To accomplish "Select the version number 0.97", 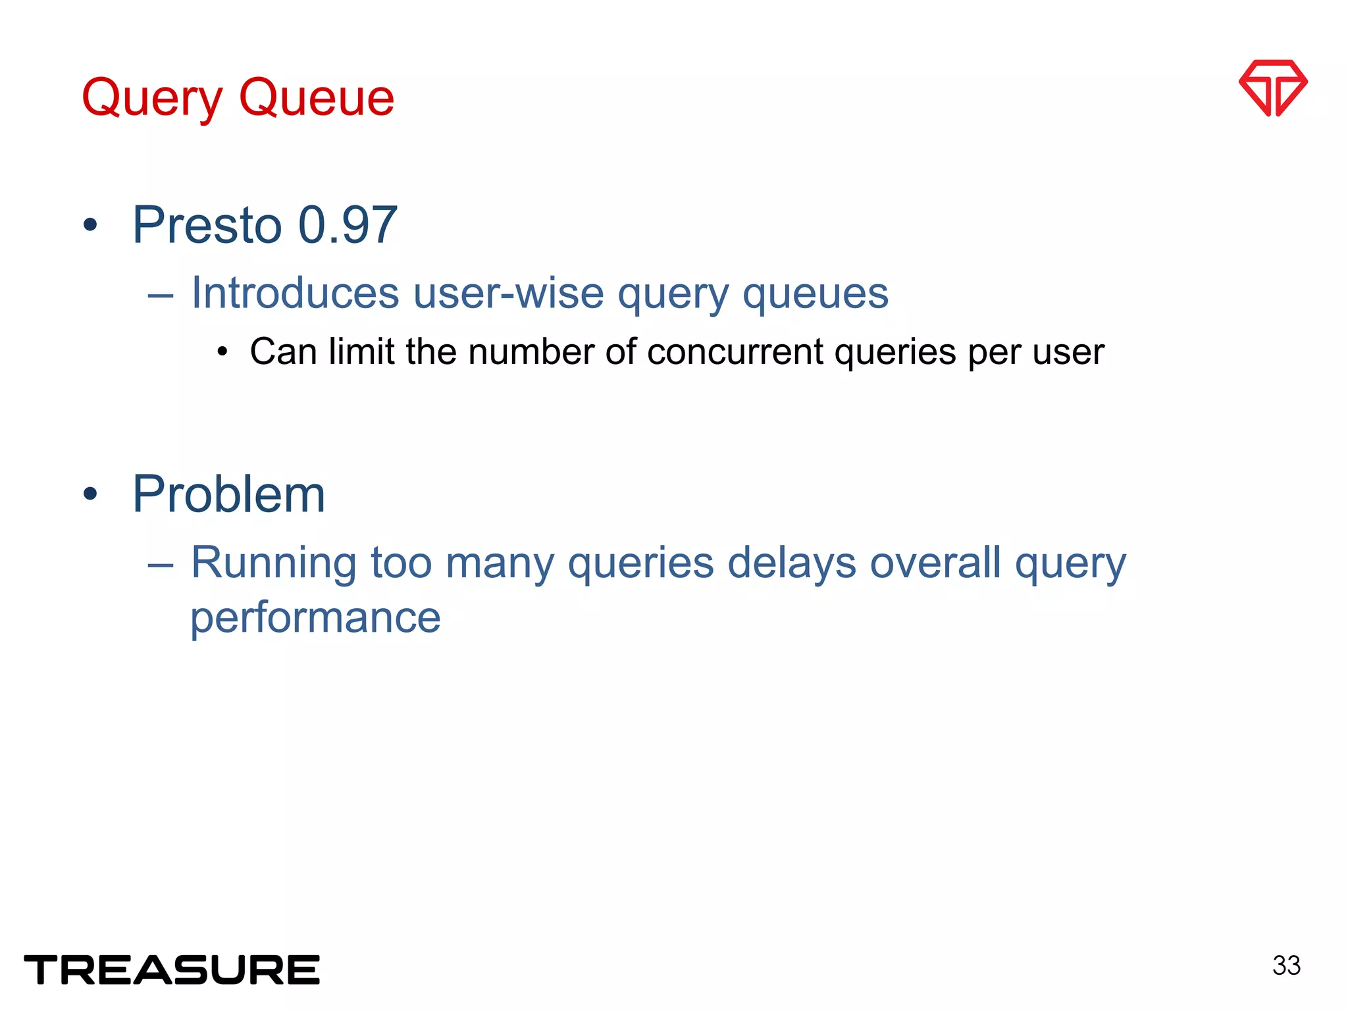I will pyautogui.click(x=348, y=226).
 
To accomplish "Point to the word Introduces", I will pyautogui.click(x=295, y=293).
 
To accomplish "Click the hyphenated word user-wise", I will pyautogui.click(x=508, y=293).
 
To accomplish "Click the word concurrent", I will pyautogui.click(x=735, y=352).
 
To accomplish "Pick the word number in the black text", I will pyautogui.click(x=531, y=352).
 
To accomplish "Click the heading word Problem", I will pyautogui.click(x=228, y=495).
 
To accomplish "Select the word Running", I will pyautogui.click(x=274, y=564).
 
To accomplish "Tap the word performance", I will pyautogui.click(x=315, y=619).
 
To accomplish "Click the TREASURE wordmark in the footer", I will pyautogui.click(x=172, y=970).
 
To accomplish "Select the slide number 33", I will pyautogui.click(x=1286, y=966).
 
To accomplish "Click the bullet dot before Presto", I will pyautogui.click(x=90, y=226).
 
